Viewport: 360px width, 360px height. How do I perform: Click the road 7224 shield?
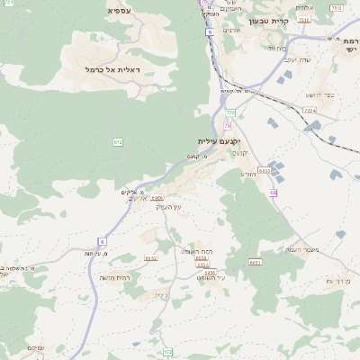310,110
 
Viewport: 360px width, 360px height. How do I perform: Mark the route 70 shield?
228,126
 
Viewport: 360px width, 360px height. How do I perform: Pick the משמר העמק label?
301,250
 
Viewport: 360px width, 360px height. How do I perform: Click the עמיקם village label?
36,348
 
